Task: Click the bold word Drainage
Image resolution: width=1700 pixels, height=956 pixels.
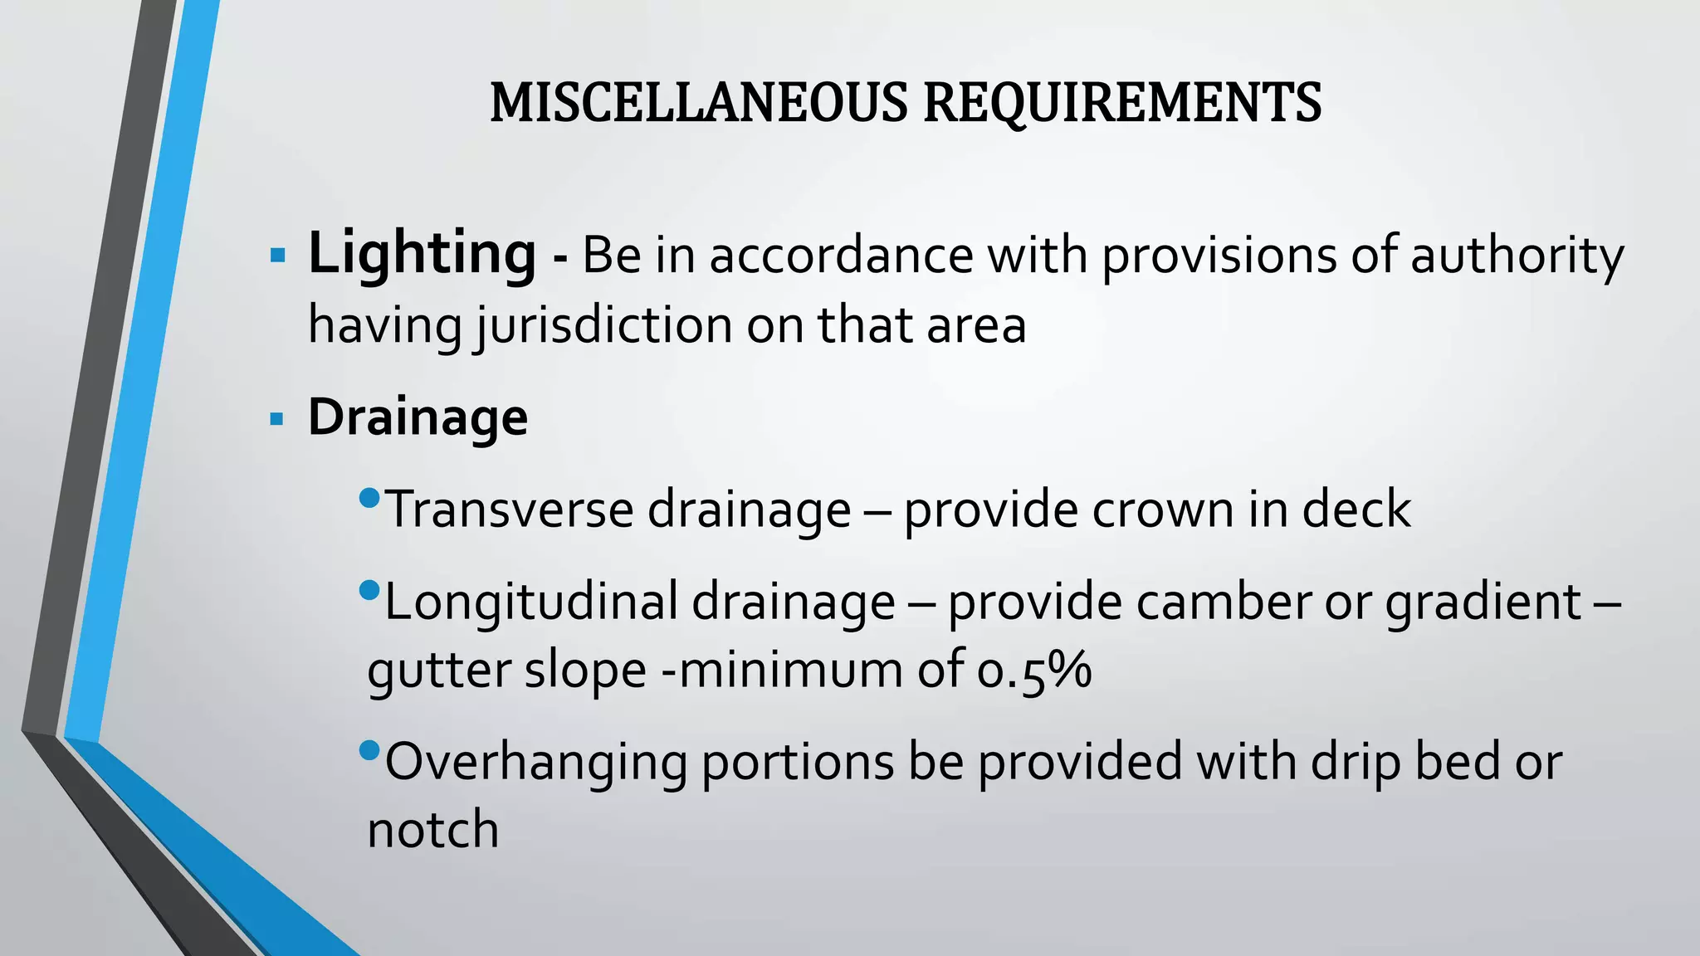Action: coord(418,417)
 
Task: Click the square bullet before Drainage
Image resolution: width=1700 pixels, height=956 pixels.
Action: coord(278,418)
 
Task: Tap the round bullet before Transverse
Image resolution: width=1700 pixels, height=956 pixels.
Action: coord(370,499)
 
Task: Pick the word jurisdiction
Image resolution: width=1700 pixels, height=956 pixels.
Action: coord(603,325)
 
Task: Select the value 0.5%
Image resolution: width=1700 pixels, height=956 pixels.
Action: coord(1033,670)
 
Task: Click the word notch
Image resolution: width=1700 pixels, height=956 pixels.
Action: coord(432,829)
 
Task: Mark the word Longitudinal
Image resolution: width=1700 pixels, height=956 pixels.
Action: coord(531,601)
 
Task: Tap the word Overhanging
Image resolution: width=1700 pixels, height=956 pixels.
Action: coord(536,762)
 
